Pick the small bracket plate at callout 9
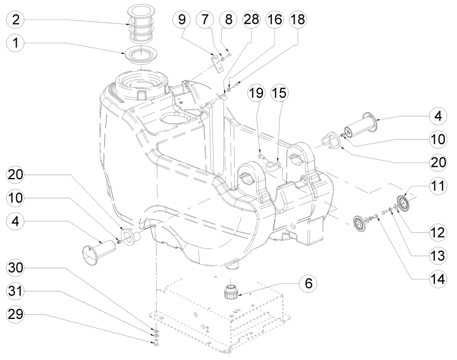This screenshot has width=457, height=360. pos(218,61)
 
